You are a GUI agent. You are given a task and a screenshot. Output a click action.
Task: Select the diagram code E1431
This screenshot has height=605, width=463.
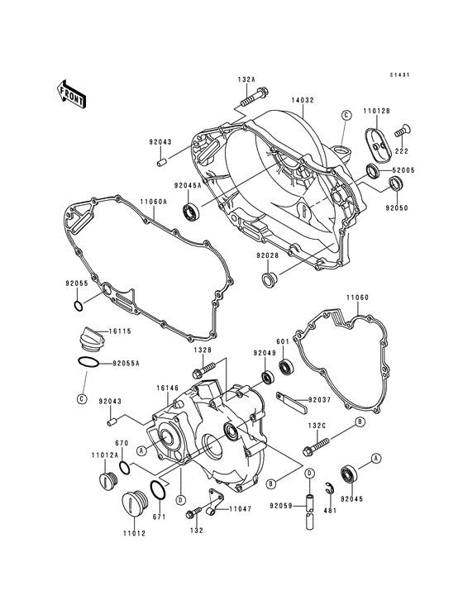tap(400, 75)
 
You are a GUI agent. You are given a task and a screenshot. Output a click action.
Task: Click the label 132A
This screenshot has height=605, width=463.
tap(246, 80)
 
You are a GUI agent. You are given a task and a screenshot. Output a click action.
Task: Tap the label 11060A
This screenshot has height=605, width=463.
tap(153, 201)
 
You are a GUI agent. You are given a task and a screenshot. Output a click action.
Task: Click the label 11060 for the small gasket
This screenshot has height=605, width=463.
tap(356, 296)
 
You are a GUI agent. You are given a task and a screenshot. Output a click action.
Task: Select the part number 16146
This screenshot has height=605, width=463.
tap(168, 387)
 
